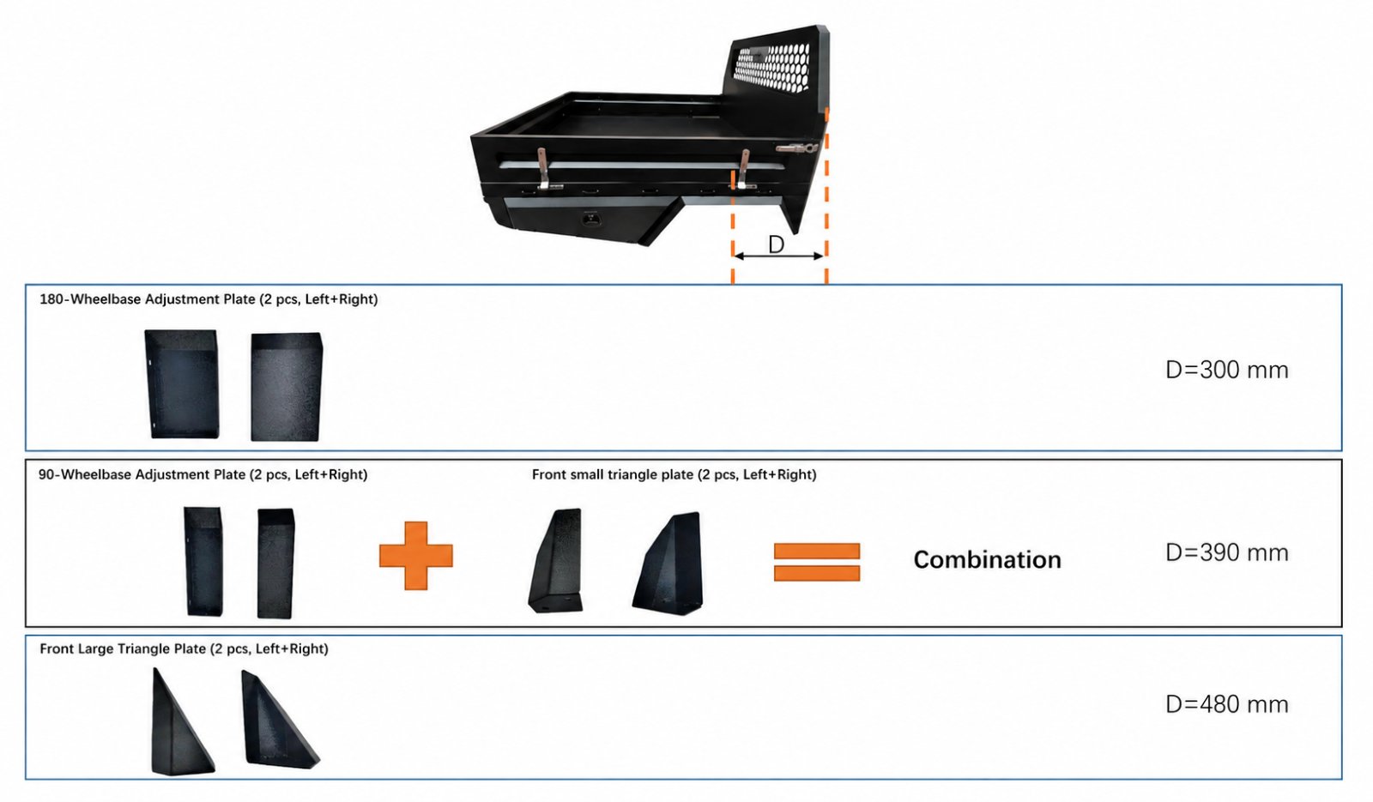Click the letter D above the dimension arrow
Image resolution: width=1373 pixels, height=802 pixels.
coord(776,244)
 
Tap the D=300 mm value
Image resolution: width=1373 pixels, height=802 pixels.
coord(1226,370)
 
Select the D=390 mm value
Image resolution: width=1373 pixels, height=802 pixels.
coord(1226,552)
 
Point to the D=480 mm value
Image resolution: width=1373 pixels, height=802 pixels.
coord(1226,704)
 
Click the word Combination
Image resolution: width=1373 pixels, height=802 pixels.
coord(987,560)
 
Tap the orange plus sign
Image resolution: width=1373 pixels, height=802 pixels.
coord(416,556)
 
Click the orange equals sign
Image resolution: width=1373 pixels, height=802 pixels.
coord(817,562)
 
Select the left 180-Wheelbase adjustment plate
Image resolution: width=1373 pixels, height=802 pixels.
coord(181,384)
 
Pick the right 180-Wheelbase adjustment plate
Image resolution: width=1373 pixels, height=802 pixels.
coord(287,387)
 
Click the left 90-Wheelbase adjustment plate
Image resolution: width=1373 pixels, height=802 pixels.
coord(203,561)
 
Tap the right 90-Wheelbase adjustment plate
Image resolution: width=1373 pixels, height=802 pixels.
coord(275,563)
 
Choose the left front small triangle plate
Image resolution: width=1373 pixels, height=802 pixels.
coord(556,560)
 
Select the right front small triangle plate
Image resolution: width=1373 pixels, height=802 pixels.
coord(668,564)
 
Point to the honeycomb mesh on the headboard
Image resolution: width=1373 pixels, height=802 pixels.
coord(772,68)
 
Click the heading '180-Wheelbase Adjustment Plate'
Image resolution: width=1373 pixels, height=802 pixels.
coord(147,299)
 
